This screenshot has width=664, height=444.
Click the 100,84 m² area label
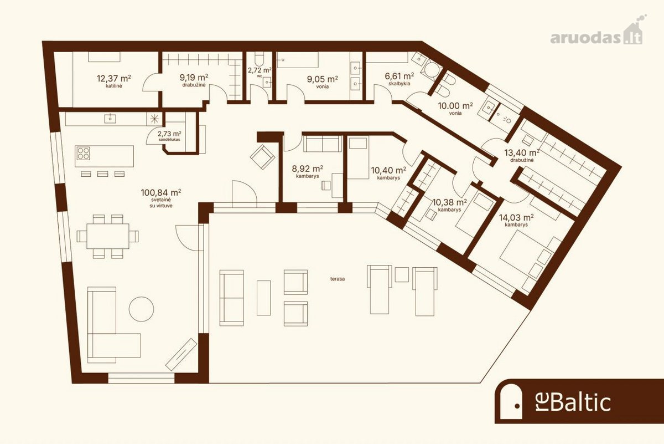tap(161, 192)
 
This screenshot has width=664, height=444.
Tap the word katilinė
tap(114, 86)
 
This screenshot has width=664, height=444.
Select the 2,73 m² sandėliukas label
tap(169, 136)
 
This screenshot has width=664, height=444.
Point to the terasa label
tap(338, 279)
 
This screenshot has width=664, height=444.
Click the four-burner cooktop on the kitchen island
tap(83, 153)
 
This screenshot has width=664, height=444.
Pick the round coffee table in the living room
tap(142, 309)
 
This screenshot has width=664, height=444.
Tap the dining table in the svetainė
tap(108, 236)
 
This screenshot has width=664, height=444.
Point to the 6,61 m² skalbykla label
tap(400, 79)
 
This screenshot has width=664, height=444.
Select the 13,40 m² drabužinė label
tap(522, 155)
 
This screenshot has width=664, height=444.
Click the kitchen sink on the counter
tap(110, 119)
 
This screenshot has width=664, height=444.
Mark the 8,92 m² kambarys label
tap(308, 171)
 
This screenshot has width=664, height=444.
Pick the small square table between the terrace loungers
tap(402, 274)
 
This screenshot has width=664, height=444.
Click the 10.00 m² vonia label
tap(455, 109)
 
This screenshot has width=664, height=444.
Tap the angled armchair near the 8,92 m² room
tap(262, 157)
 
